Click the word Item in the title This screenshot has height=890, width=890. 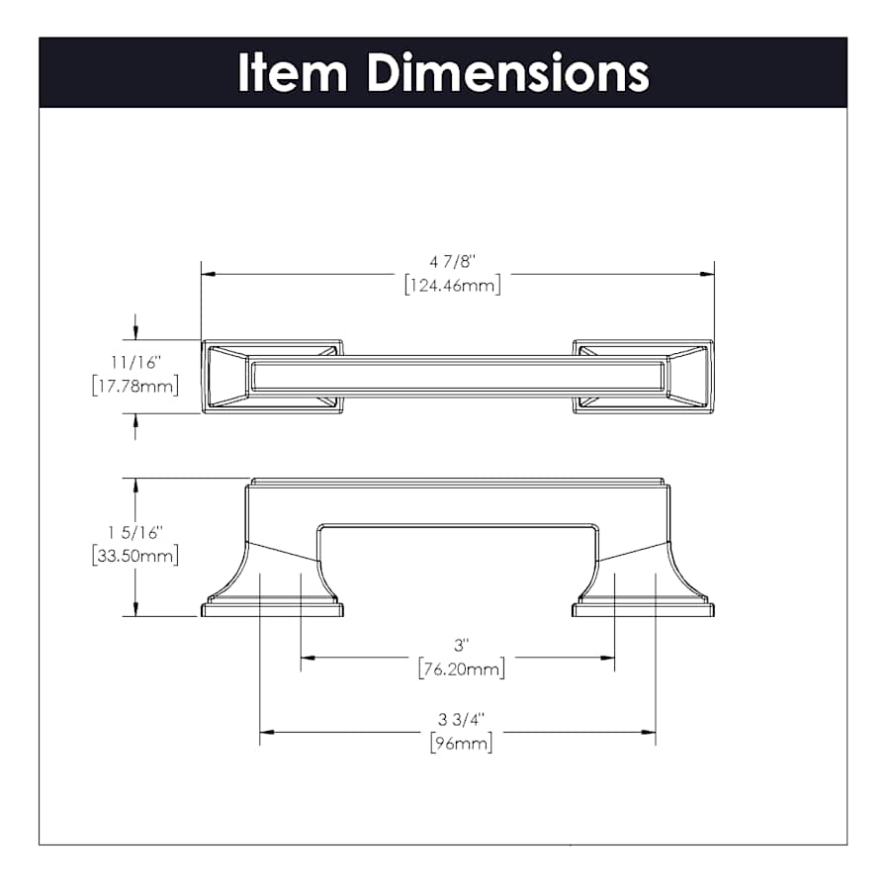tap(293, 72)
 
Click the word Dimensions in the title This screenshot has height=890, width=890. tap(508, 72)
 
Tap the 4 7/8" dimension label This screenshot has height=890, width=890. tap(452, 262)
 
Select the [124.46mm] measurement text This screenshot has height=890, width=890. tap(452, 285)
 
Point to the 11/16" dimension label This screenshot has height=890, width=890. tap(135, 362)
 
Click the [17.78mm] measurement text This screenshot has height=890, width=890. tap(135, 386)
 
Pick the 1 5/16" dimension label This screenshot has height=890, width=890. tap(135, 532)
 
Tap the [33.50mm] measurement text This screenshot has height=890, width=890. tap(135, 555)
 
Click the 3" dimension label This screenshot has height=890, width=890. tap(462, 646)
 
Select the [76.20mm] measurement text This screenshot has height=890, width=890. tap(462, 669)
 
